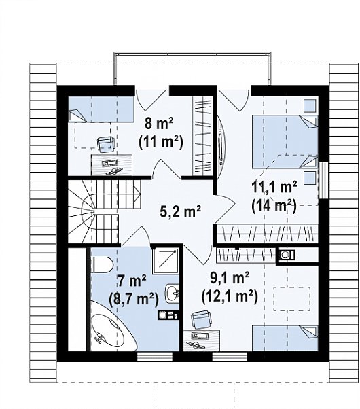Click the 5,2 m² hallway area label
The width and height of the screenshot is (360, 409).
tap(180, 211)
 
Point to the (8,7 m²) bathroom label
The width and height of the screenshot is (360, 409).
tap(134, 299)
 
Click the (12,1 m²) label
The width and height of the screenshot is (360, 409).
tap(230, 296)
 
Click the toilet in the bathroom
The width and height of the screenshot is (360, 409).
tap(101, 264)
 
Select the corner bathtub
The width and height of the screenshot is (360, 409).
tap(113, 326)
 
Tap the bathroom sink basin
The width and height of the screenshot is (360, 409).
tap(172, 294)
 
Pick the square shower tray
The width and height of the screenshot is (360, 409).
tap(165, 261)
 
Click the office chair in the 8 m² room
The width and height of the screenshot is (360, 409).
tap(106, 144)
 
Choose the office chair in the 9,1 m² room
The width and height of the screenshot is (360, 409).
tap(201, 320)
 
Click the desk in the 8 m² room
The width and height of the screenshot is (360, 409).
tap(111, 164)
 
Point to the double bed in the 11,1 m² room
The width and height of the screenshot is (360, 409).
tap(285, 142)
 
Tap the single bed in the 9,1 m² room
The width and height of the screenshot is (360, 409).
tap(285, 338)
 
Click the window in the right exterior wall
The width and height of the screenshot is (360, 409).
tap(324, 180)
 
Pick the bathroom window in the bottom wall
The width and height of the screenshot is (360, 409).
tap(155, 357)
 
